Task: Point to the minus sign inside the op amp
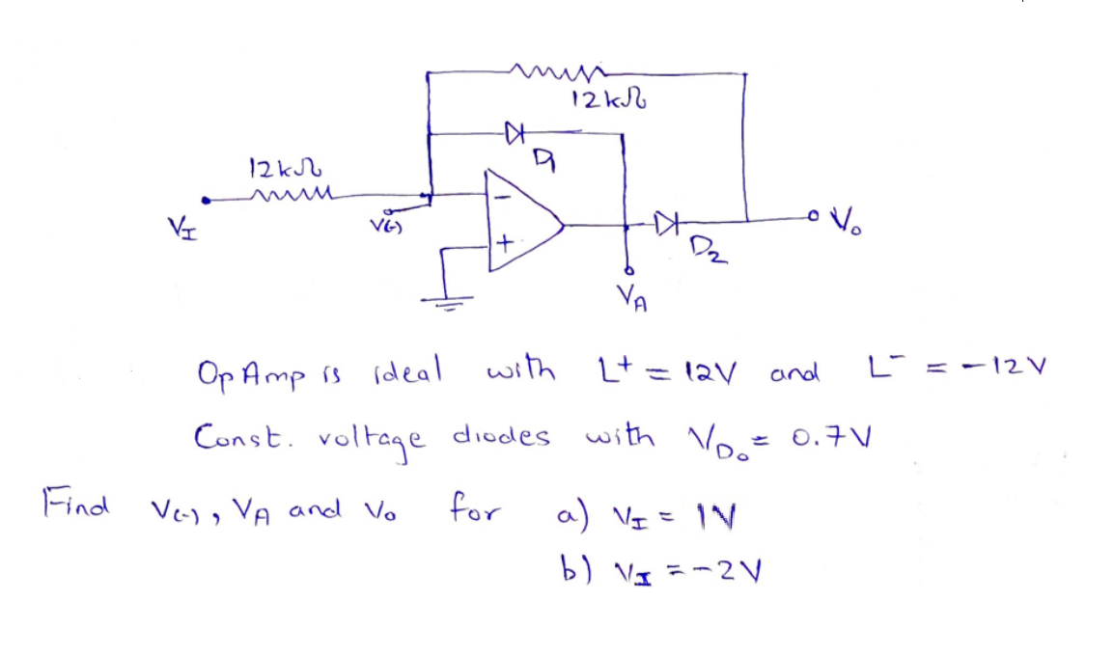click(x=501, y=195)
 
